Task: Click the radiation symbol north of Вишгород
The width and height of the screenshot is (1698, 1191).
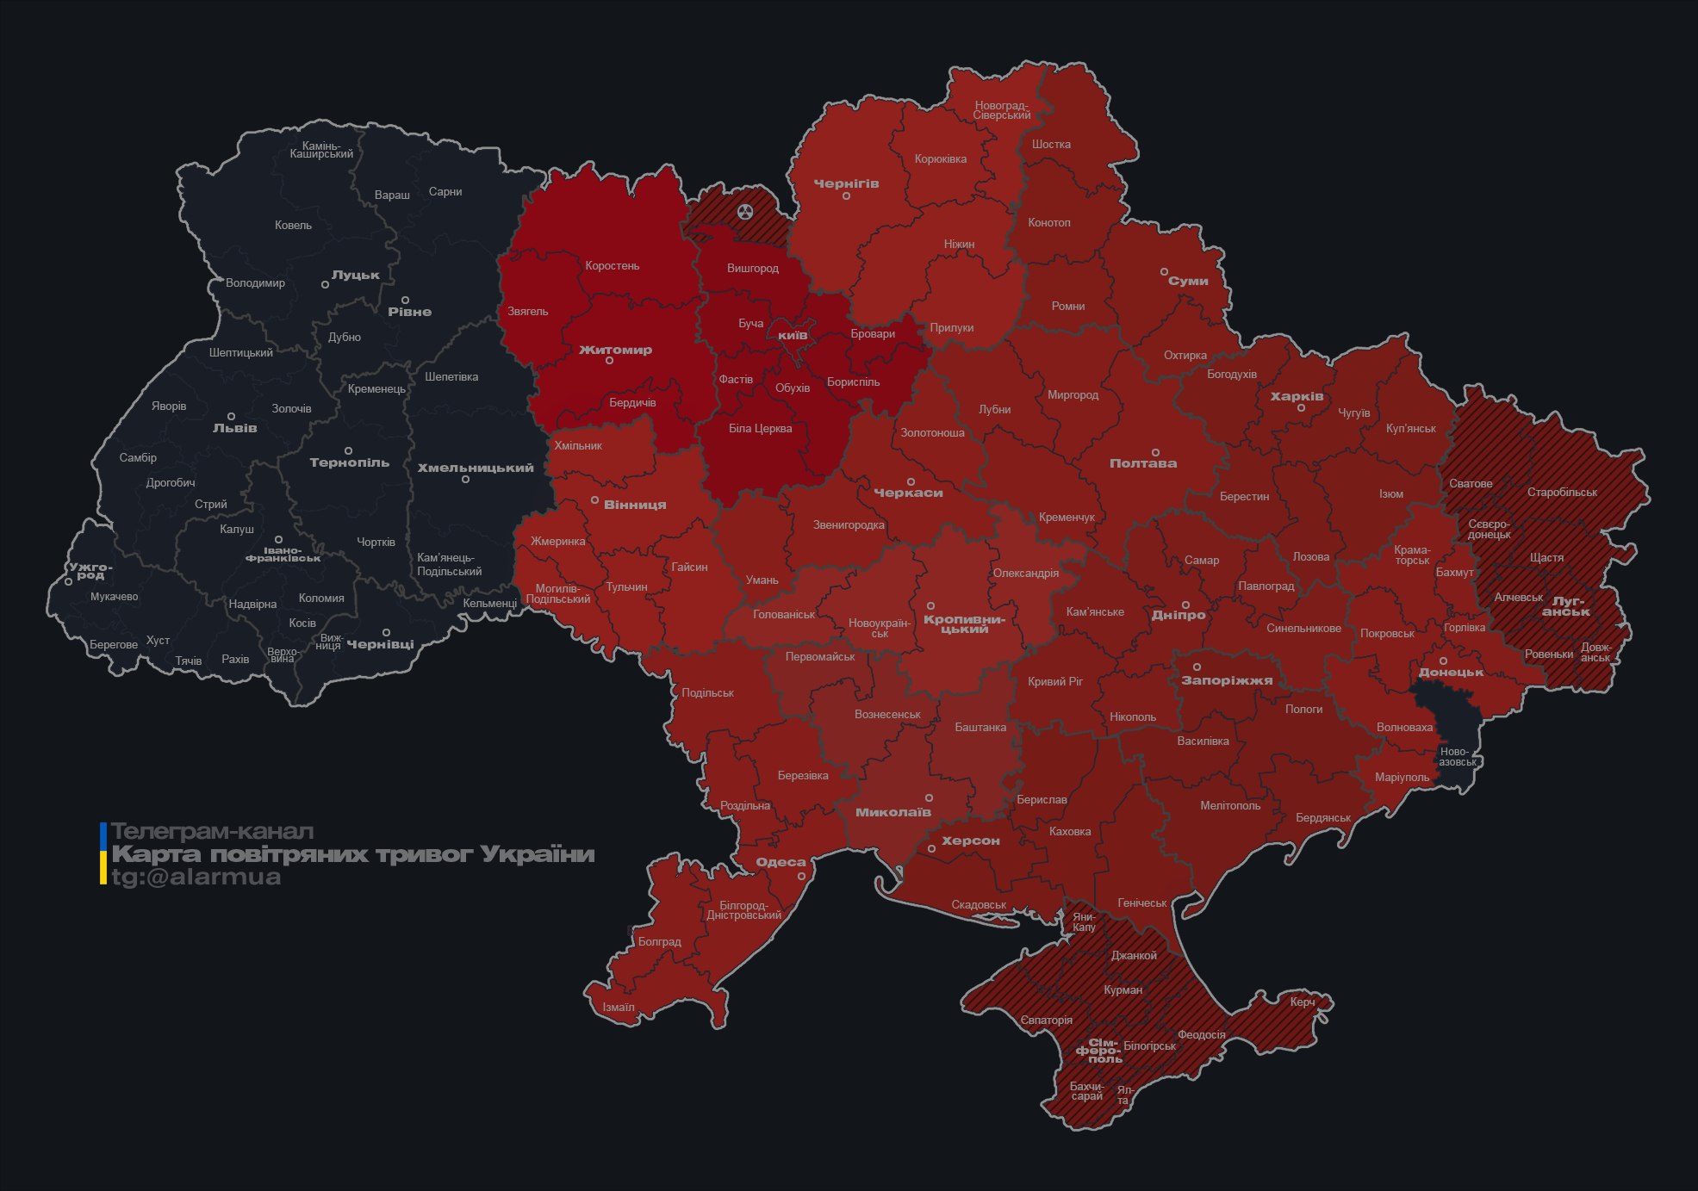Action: pos(745,211)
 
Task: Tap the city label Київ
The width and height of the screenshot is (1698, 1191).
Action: pos(793,335)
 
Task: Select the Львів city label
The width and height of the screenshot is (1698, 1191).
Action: pos(234,428)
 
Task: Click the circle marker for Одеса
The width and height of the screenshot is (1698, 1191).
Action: pos(801,876)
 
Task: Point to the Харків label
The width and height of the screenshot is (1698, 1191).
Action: pos(1297,397)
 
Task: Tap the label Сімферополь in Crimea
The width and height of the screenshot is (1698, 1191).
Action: pos(1098,1051)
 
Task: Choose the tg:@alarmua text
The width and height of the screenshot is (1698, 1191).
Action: pos(196,878)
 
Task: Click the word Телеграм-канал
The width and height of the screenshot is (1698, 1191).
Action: pos(212,832)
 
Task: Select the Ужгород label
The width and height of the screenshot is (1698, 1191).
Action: pos(90,571)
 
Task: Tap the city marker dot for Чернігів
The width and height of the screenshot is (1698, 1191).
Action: pos(846,196)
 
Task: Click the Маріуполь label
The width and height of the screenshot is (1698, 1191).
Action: pos(1402,778)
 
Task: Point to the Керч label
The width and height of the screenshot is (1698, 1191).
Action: pos(1303,1002)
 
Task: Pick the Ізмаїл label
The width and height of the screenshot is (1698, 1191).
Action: pos(618,1008)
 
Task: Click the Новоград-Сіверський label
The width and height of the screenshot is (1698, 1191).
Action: pos(1002,110)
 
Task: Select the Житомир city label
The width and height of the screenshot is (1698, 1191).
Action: pos(615,350)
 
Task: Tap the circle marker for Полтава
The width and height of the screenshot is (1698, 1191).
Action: pos(1155,452)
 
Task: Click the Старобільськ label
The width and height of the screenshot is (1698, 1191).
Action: pos(1562,493)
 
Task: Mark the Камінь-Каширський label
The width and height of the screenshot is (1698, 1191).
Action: pos(321,150)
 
